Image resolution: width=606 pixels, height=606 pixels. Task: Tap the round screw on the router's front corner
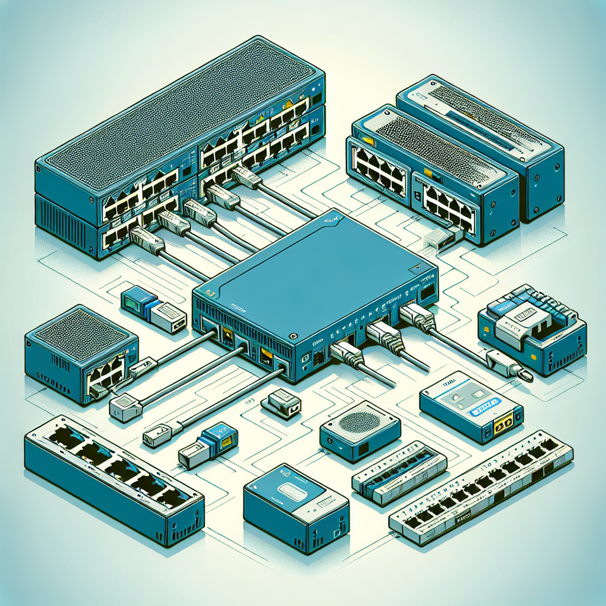[x=293, y=336]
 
